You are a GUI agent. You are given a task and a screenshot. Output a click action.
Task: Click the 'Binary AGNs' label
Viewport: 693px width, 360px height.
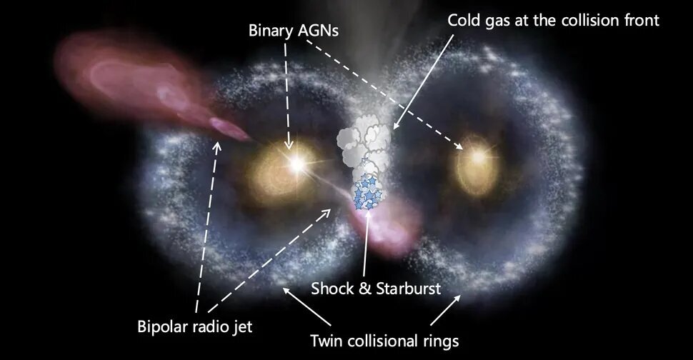pyautogui.click(x=294, y=31)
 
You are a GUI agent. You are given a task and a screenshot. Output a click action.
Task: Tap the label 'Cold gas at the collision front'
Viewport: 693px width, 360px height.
pyautogui.click(x=554, y=20)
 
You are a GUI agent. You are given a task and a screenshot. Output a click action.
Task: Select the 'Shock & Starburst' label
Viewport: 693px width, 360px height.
pyautogui.click(x=376, y=289)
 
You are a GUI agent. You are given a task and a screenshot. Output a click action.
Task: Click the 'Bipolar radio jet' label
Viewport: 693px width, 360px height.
pyautogui.click(x=195, y=327)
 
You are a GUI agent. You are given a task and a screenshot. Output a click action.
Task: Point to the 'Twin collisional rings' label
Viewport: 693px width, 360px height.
pyautogui.click(x=384, y=341)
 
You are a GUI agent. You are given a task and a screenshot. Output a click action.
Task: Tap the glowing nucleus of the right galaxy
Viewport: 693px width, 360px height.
pyautogui.click(x=478, y=156)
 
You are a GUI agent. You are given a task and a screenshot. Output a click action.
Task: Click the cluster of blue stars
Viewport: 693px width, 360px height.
pyautogui.click(x=367, y=193)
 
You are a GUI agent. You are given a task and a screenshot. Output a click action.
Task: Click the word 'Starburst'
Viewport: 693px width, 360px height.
pyautogui.click(x=409, y=289)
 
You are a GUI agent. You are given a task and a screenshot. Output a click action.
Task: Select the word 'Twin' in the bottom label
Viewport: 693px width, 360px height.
pyautogui.click(x=326, y=341)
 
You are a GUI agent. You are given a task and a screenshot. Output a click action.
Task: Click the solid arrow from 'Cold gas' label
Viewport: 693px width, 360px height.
pyautogui.click(x=424, y=82)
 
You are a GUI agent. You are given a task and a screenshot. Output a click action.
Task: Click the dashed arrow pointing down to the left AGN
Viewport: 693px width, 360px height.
pyautogui.click(x=287, y=96)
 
